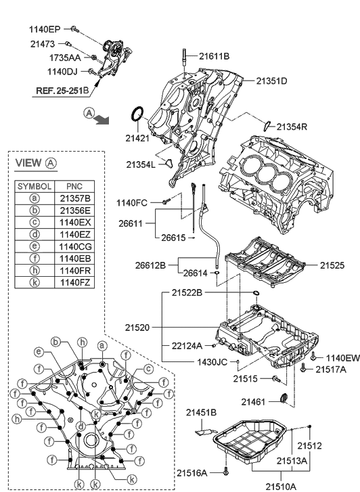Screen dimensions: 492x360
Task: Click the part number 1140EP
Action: (44, 29)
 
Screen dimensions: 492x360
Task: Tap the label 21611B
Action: (214, 56)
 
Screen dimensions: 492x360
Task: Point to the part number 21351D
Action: (271, 81)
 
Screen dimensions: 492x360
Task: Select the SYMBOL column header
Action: (35, 185)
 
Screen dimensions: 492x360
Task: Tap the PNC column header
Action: (75, 185)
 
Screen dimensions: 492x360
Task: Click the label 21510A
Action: (281, 485)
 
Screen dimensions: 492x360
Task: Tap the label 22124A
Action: (186, 345)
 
